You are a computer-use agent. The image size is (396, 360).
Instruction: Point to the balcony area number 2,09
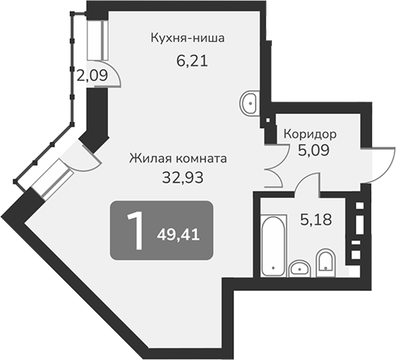(x=92, y=76)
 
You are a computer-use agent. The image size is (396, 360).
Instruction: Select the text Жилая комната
(x=177, y=157)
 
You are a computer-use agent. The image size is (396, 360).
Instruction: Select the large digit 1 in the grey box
(x=134, y=230)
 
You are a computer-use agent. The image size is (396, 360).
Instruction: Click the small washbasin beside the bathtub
(x=298, y=268)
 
